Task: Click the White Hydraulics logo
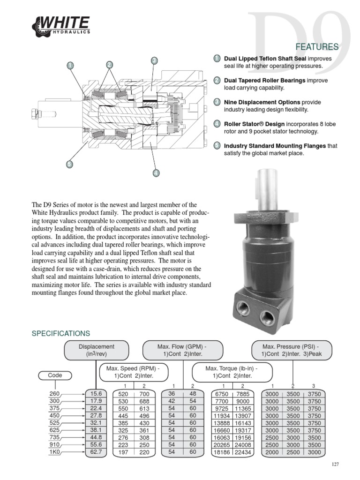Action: point(60,25)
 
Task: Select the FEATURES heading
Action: point(316,47)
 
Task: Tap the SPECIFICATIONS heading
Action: point(60,334)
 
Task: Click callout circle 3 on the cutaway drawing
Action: point(154,60)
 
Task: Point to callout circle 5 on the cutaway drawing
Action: point(69,164)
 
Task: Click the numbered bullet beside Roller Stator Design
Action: point(217,124)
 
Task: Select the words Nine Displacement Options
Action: point(262,102)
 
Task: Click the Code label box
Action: point(55,375)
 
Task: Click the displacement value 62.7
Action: point(97,452)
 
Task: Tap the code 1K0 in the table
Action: point(55,452)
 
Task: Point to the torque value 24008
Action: point(242,444)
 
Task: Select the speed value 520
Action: point(124,394)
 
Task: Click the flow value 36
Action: point(172,394)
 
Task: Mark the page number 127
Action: point(334,465)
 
